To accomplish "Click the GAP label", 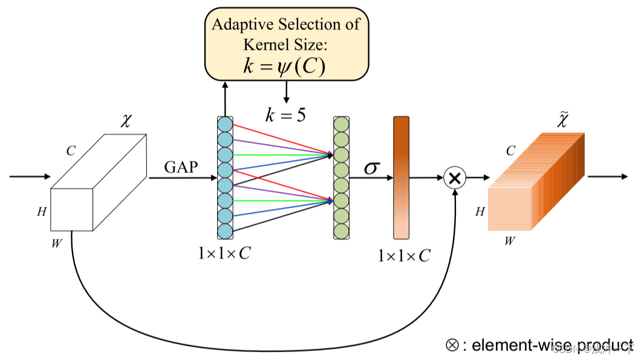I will [x=181, y=167].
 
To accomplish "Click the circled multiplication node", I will [x=455, y=178].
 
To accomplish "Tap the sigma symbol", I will [x=372, y=168].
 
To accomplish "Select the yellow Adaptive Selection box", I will [x=287, y=44].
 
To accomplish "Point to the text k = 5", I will [x=286, y=114].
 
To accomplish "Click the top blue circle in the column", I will [x=225, y=125].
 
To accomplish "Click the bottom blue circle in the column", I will [x=225, y=231].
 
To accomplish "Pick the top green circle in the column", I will [x=341, y=125].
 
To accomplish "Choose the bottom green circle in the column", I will [x=341, y=231].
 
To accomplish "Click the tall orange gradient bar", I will [x=402, y=177].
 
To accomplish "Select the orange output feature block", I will [x=535, y=182].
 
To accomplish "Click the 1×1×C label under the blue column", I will [x=224, y=254].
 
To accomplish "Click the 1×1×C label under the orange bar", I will [x=404, y=256].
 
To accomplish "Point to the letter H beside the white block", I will [x=41, y=211].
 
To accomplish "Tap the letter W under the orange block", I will [x=510, y=241].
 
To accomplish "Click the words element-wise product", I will [x=552, y=345].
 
